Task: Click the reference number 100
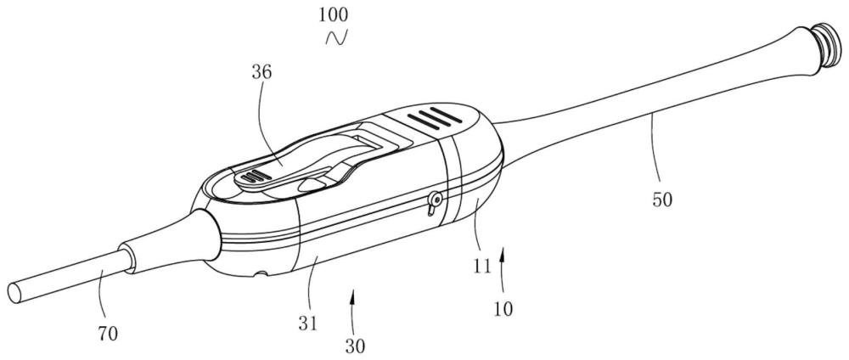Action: click(x=333, y=14)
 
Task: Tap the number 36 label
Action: click(x=262, y=73)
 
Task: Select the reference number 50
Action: click(x=661, y=200)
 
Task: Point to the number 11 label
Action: click(x=482, y=266)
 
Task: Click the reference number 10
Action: click(x=503, y=308)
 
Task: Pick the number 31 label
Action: click(x=308, y=323)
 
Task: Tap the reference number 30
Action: click(x=355, y=346)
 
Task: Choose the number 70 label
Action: click(x=108, y=334)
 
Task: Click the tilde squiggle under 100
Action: click(x=336, y=37)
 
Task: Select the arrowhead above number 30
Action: click(x=352, y=295)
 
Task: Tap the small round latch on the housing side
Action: click(x=434, y=202)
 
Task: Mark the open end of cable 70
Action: click(x=14, y=292)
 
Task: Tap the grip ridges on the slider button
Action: click(x=253, y=176)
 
